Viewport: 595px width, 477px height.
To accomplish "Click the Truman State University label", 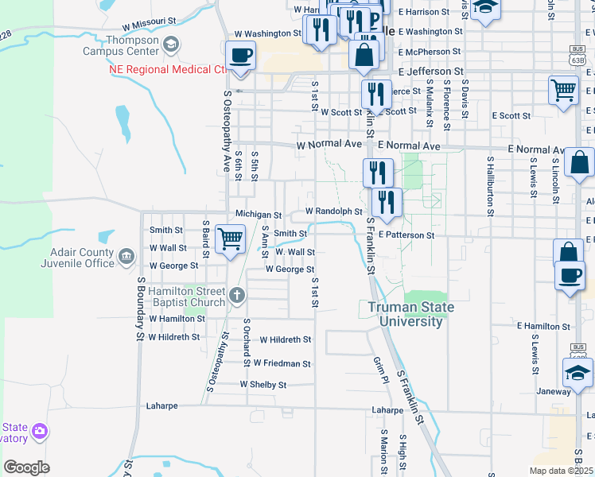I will pos(410,315).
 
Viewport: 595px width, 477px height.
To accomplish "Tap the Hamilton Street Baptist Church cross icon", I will pos(236,297).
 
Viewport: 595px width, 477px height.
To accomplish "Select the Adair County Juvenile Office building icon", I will pos(126,256).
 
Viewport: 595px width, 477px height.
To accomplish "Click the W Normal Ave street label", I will pos(329,146).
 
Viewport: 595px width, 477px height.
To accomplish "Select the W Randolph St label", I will pos(334,212).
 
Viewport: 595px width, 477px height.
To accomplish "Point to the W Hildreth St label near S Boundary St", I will pos(174,337).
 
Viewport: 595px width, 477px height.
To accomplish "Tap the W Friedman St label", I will pos(282,363).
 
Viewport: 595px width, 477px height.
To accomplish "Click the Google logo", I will pos(27,467).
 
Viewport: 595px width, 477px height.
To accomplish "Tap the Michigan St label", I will pos(259,215).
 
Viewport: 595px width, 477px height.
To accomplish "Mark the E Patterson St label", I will pos(406,235).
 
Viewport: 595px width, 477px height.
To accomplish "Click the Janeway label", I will pos(554,391).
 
